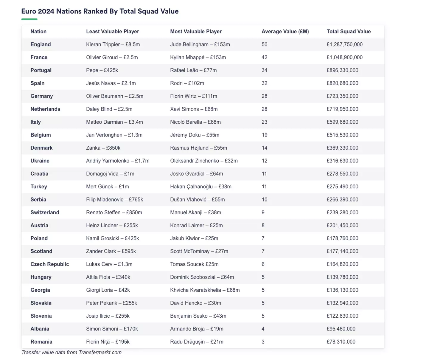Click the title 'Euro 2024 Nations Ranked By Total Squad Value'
point(100,11)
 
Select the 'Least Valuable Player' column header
point(112,32)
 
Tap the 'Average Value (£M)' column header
point(285,32)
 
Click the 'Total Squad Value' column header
point(349,32)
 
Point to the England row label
point(41,44)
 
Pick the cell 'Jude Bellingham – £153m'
point(200,44)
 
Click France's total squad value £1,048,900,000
point(344,57)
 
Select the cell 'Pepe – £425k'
point(102,70)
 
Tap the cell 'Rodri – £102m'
point(187,83)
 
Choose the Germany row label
point(41,96)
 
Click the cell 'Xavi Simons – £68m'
point(194,109)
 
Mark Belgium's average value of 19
point(264,135)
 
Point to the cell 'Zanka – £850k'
point(103,148)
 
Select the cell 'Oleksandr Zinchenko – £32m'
point(204,161)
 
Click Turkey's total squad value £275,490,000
point(342,187)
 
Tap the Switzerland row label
point(45,212)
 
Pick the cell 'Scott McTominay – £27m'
point(199,251)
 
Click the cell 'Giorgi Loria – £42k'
point(108,290)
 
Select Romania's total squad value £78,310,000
point(341,342)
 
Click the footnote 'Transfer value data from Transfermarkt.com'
point(71,352)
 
